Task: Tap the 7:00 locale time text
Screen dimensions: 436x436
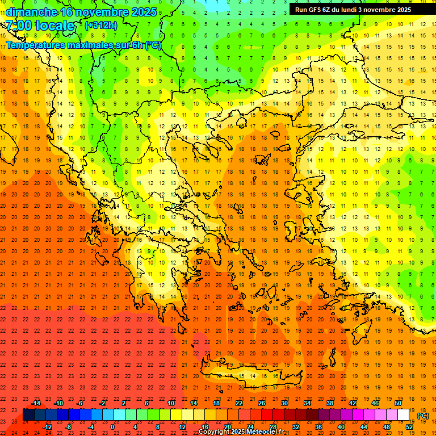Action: tap(40, 26)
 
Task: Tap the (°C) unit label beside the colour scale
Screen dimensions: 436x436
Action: tap(423, 416)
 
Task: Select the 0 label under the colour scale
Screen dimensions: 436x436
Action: tap(112, 427)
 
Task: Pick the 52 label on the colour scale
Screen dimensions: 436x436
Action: tap(409, 427)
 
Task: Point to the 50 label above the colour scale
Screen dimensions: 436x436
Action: tap(398, 403)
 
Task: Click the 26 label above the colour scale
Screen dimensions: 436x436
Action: tap(262, 403)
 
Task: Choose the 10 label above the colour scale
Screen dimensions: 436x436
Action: tap(171, 403)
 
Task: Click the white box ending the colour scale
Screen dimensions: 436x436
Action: tap(404, 414)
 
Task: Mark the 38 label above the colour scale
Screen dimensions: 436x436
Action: tap(330, 403)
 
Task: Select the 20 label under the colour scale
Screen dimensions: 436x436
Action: tap(228, 427)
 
